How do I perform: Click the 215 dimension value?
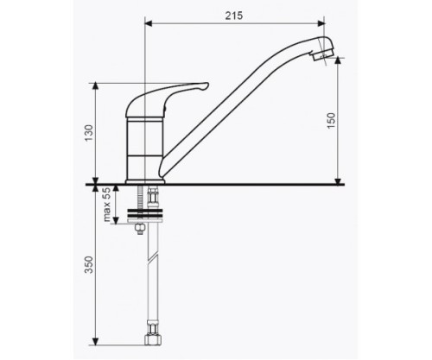click(x=234, y=16)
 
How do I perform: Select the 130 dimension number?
click(x=90, y=133)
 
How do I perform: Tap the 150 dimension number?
click(x=332, y=121)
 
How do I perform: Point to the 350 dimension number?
click(x=90, y=265)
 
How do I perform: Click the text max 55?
click(x=106, y=205)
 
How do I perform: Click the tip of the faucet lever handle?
click(x=207, y=85)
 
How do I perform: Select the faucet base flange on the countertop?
click(x=145, y=181)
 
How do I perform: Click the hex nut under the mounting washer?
click(x=140, y=228)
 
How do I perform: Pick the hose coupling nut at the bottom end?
click(x=153, y=339)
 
